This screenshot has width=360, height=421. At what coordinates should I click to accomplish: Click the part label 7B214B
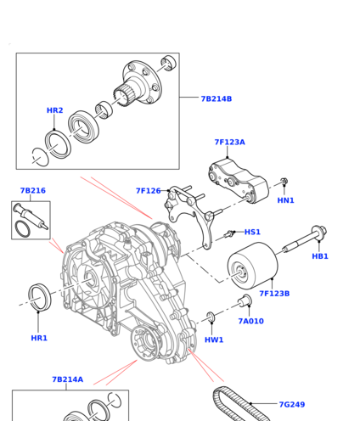tap(217, 98)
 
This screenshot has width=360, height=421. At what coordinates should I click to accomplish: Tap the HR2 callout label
tap(55, 110)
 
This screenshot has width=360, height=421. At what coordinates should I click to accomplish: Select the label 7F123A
tap(230, 142)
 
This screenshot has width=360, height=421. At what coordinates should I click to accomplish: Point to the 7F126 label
tap(149, 191)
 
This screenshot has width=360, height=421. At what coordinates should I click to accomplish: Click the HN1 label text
tap(285, 200)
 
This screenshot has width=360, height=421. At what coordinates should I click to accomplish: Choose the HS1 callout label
tap(252, 232)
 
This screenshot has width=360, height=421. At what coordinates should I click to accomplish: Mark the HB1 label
tap(320, 256)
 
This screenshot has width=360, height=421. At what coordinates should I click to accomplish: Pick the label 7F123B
tap(274, 294)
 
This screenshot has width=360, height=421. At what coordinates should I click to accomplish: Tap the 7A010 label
tap(251, 321)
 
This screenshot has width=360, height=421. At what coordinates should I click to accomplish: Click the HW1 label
tap(214, 340)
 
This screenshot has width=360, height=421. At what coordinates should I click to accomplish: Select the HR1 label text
tap(39, 338)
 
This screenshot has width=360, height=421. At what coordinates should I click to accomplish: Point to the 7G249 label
tap(292, 405)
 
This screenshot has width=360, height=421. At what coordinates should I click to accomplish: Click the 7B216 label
tap(33, 191)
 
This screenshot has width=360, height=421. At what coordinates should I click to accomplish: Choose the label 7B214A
tap(68, 379)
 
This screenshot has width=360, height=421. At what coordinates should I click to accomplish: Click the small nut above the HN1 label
tap(284, 181)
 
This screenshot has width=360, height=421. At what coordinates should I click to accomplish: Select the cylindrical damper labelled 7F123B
tap(253, 266)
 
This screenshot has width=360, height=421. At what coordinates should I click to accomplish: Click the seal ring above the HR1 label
tap(40, 297)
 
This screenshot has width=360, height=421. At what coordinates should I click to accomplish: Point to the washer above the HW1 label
tap(211, 317)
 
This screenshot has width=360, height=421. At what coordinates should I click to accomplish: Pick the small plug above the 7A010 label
tap(245, 300)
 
